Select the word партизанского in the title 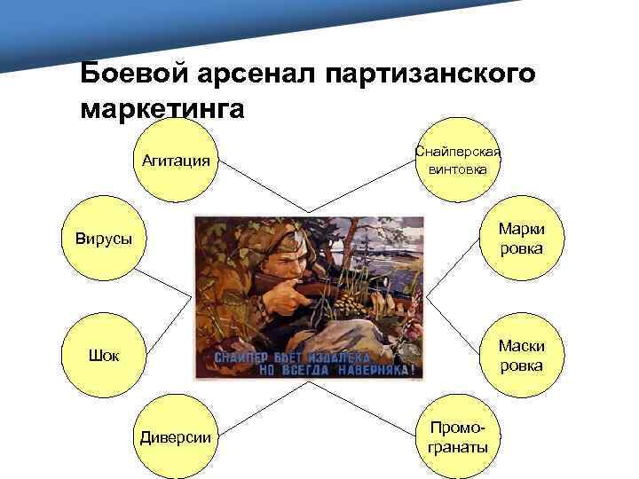pyautogui.click(x=431, y=74)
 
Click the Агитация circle pyautogui.click(x=176, y=161)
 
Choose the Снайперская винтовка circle pyautogui.click(x=457, y=161)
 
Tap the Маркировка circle pyautogui.click(x=521, y=239)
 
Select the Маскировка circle pyautogui.click(x=521, y=356)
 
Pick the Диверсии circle pyautogui.click(x=176, y=436)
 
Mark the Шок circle pyautogui.click(x=103, y=356)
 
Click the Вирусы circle pyautogui.click(x=103, y=239)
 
